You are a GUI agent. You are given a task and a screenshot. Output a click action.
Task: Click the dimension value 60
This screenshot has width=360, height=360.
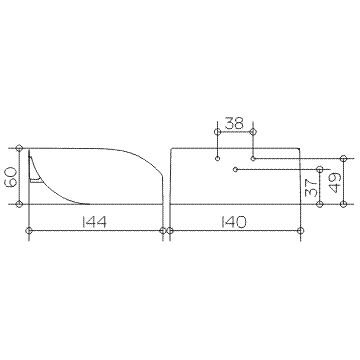point(11,176)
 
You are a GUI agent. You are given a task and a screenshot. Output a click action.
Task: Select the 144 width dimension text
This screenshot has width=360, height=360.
point(94,222)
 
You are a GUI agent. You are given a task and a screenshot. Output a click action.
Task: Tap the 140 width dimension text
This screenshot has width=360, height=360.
point(234,222)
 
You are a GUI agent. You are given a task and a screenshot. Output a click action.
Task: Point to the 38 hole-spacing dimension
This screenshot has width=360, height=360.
point(234,123)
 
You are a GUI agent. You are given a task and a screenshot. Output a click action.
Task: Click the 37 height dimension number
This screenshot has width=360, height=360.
point(310,188)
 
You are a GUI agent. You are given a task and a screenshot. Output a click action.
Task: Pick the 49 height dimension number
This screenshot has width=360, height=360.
point(334,183)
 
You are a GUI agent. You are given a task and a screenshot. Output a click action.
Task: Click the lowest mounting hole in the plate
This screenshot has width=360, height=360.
point(235,170)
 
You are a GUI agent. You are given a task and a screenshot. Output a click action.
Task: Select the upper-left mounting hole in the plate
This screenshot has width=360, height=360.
point(217,159)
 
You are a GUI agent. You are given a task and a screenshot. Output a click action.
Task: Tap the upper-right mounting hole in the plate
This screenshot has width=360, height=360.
point(253,158)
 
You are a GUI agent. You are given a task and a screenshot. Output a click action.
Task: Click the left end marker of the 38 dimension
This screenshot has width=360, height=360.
point(217,132)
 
